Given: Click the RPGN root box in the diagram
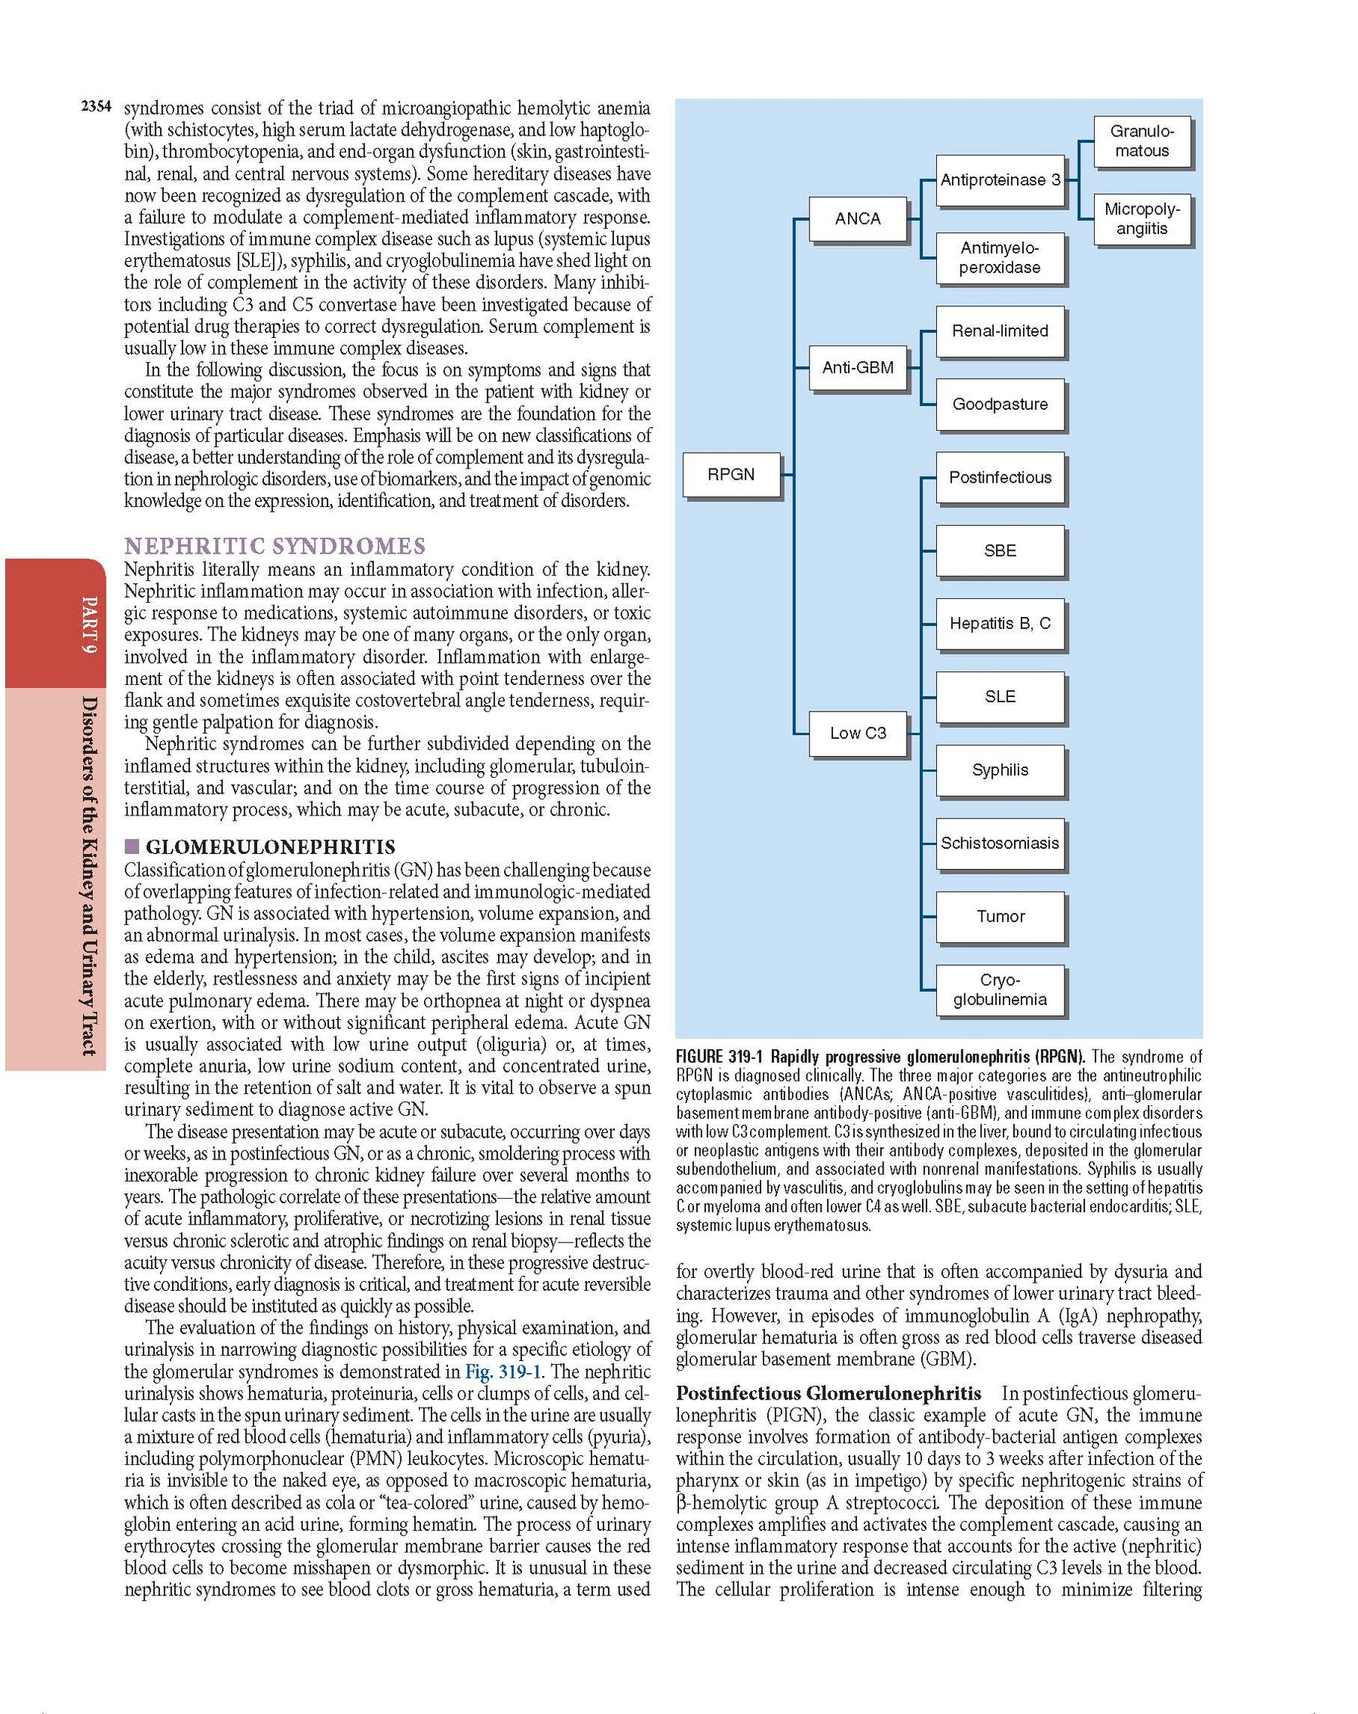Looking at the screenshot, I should point(731,475).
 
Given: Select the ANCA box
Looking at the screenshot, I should point(857,219).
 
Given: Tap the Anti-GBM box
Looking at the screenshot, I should point(857,367).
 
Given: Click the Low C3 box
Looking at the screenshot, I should point(857,733).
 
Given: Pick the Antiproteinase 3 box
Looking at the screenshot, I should point(1000,180).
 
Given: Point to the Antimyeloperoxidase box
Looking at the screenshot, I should point(1000,257).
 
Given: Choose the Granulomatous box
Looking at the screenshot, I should point(1141,141).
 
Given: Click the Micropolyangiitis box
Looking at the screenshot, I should point(1141,219).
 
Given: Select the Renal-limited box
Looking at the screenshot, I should point(1000,330).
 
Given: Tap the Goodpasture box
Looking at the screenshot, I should point(1000,404).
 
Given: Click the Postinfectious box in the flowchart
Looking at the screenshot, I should point(1000,477).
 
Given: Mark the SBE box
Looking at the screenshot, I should point(1000,550).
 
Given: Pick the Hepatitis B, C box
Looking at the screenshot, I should point(1000,623).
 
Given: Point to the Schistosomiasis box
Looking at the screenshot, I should point(1000,843).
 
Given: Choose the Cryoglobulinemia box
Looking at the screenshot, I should point(1000,990).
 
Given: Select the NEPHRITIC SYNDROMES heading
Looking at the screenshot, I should point(275,546).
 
